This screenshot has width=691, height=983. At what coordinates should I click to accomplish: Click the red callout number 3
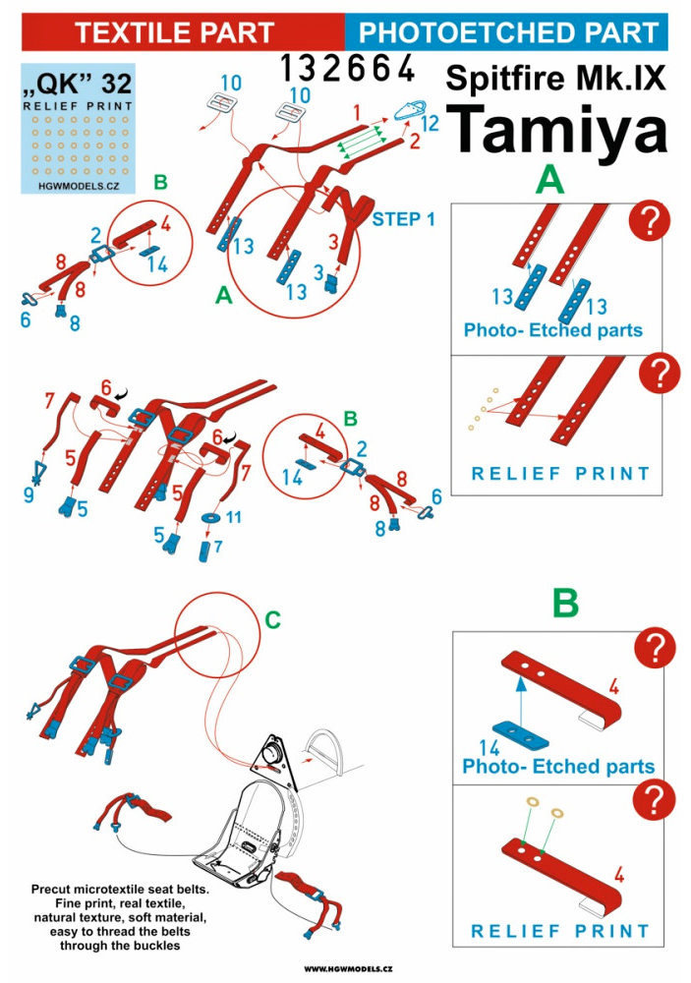(333, 238)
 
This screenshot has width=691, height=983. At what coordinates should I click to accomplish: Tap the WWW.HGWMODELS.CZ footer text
(344, 969)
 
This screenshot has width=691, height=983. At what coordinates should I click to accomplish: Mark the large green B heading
(564, 603)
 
